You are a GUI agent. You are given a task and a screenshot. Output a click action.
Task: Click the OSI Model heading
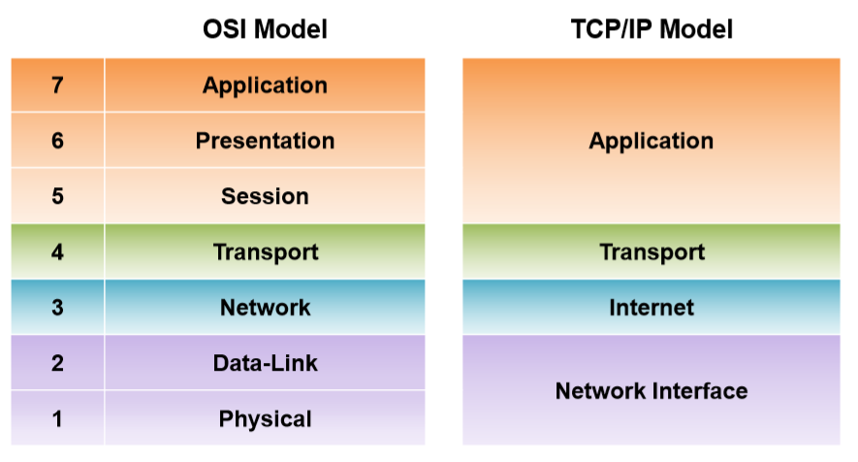tap(265, 30)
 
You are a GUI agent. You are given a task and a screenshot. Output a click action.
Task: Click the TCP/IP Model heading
tap(651, 30)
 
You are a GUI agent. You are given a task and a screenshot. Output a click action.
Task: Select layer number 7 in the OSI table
tap(57, 85)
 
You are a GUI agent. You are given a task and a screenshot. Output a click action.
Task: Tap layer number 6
tap(57, 141)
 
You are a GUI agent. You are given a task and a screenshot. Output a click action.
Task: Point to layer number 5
tap(57, 196)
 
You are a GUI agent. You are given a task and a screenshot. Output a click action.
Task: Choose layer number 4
tap(57, 252)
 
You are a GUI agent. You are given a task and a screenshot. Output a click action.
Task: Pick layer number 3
tap(57, 308)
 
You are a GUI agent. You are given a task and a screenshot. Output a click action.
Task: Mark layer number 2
tap(57, 364)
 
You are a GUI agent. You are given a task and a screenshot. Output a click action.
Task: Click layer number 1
tap(57, 419)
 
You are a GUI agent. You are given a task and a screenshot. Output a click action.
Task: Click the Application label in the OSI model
tap(265, 85)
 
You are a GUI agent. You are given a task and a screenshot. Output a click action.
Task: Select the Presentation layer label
tap(265, 141)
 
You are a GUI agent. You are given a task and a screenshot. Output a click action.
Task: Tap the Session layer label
tap(265, 196)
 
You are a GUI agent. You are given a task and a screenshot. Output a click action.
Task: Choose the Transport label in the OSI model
tap(265, 252)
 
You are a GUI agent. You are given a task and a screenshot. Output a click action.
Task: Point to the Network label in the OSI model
tap(265, 308)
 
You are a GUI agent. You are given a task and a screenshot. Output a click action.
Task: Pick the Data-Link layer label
tap(265, 364)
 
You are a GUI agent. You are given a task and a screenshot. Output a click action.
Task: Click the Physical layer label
tap(265, 419)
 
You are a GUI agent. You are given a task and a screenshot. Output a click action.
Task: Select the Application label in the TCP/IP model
tap(651, 141)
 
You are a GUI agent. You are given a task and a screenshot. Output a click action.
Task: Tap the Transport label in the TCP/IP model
tap(651, 252)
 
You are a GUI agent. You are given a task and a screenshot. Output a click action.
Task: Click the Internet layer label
tap(651, 308)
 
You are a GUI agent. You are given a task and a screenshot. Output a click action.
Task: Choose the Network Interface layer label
tap(651, 391)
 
